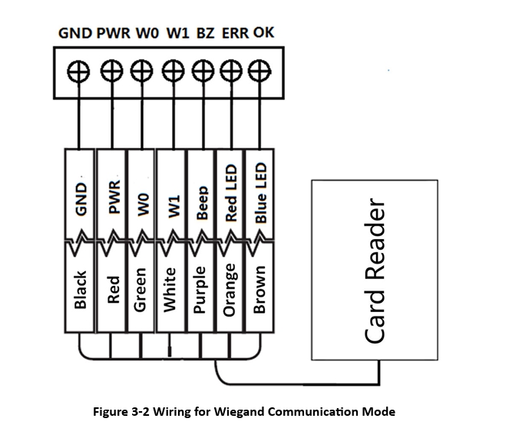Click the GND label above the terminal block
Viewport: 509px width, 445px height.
point(75,33)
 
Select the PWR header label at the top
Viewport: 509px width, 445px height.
point(113,33)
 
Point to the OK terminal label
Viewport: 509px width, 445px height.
point(263,33)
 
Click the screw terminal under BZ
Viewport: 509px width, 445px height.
point(203,70)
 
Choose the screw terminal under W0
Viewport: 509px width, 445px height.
point(140,70)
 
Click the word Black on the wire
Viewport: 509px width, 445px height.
point(80,289)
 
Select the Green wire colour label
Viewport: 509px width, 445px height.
point(140,291)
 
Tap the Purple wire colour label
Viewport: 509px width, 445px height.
point(201,291)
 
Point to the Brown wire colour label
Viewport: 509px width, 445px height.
point(259,290)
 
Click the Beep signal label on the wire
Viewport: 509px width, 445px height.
point(202,202)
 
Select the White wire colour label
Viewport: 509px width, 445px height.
point(171,290)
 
